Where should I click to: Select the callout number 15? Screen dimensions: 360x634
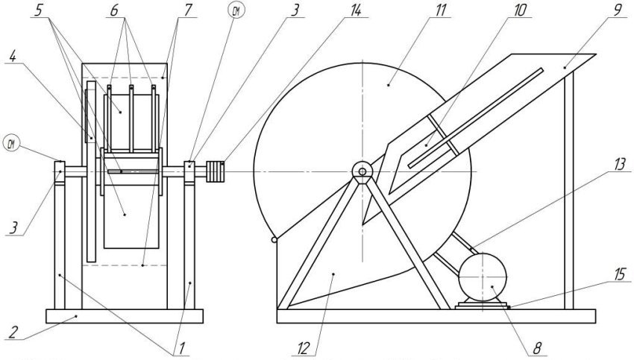point(620,274)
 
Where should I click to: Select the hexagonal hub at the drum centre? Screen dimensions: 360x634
point(361,171)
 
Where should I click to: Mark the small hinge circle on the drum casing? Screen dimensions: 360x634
point(276,240)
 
